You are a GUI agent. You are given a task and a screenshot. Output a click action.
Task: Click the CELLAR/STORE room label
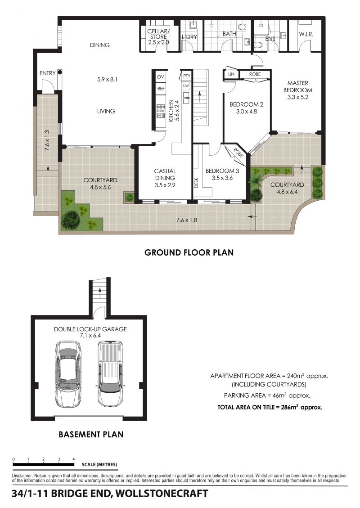point(158,34)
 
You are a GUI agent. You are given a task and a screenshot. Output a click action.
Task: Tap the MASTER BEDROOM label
point(298,86)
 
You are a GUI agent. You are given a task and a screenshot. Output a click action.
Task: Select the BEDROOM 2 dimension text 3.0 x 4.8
point(246,112)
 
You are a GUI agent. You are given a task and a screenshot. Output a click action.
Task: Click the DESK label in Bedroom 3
point(196,184)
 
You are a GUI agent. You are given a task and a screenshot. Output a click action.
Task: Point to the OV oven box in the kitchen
point(160,77)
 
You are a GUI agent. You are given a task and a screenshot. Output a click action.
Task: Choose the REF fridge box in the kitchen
point(161,89)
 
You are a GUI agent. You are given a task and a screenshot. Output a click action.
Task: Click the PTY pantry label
point(187,76)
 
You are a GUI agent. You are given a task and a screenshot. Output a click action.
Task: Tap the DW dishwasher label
point(186,86)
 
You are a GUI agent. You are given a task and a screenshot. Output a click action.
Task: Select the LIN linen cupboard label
point(231,74)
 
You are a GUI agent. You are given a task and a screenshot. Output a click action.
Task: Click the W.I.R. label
point(306,34)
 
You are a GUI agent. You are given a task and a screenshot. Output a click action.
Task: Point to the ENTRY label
point(47,73)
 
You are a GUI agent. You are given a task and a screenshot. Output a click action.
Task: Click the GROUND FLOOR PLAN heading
point(189,252)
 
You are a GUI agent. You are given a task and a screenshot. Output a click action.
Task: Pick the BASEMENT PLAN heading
point(91,434)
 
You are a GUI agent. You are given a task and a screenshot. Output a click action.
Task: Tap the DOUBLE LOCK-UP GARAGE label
point(90,329)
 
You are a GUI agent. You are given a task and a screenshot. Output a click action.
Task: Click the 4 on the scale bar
point(74,459)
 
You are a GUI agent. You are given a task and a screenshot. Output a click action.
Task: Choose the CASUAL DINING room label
point(165,174)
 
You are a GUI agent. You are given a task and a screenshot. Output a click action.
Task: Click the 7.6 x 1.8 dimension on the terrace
point(187,220)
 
